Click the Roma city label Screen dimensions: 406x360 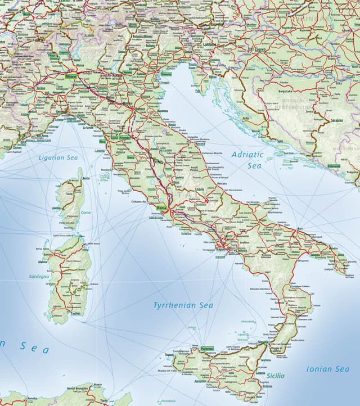[x=161, y=208]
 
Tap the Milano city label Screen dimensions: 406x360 [x=70, y=75]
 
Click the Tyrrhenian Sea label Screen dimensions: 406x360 [x=183, y=305]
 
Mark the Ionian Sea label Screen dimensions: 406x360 [x=327, y=369]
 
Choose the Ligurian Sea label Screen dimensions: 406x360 [x=58, y=158]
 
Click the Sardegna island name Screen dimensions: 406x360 [x=39, y=277]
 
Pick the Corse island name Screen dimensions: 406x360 [x=85, y=213]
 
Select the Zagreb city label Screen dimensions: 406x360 [x=260, y=49]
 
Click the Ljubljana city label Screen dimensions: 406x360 [x=210, y=43]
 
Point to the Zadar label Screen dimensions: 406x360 [x=246, y=118]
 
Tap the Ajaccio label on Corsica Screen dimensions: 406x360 [x=56, y=208]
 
